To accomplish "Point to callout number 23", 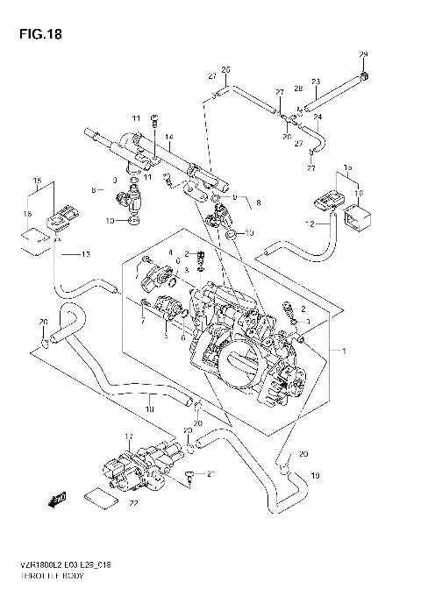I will (315, 81).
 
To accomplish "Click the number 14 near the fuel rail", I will (169, 137).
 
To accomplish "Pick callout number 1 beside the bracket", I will (345, 351).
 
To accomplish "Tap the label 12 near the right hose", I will (309, 224).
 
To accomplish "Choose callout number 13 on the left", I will (86, 254).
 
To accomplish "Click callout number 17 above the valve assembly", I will (128, 436).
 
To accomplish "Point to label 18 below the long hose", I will (150, 408).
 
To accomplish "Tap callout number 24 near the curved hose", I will (317, 117).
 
